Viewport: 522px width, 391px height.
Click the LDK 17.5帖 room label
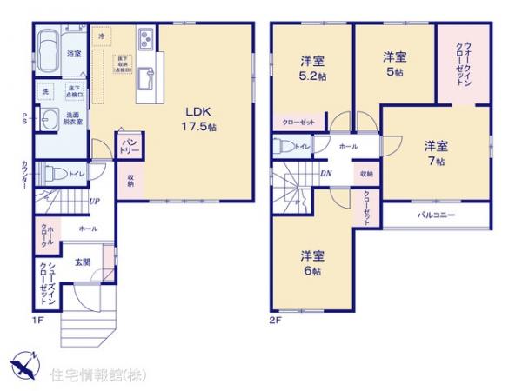198,119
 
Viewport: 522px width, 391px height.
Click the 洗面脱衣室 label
72,118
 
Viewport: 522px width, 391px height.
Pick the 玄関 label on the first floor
82,262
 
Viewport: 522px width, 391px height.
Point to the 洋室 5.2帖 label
312,68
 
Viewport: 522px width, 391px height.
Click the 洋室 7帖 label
435,153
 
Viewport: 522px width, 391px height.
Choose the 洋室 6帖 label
312,263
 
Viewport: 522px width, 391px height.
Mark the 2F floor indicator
275,319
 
